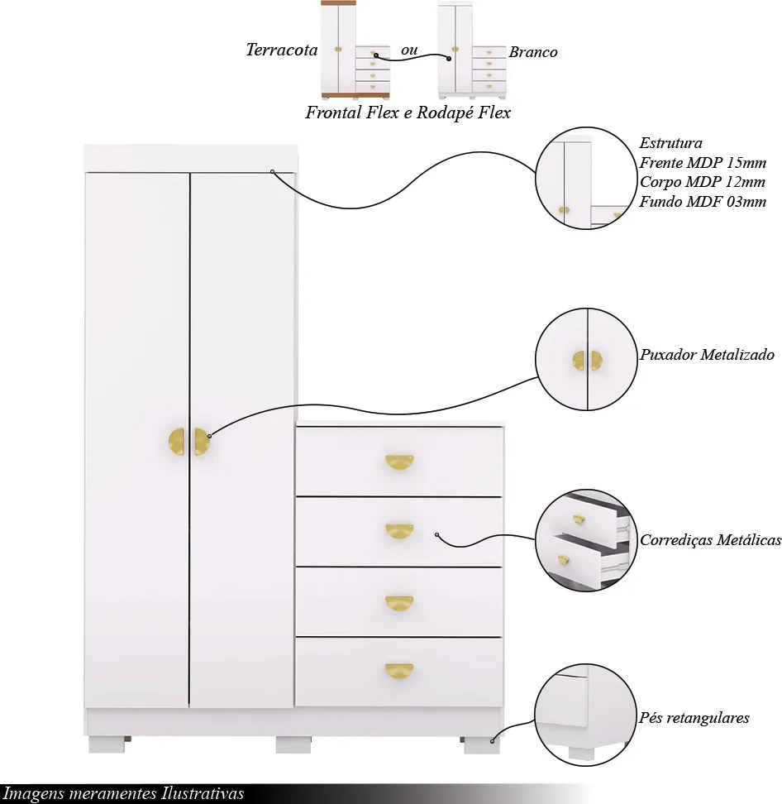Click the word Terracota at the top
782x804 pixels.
pos(282,50)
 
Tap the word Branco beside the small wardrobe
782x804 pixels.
pos(533,52)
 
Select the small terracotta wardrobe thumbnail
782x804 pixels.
pos(355,50)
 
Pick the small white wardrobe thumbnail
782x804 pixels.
pos(472,50)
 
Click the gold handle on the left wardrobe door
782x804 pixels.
pos(177,442)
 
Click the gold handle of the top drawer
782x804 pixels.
pos(399,462)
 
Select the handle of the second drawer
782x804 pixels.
pos(399,531)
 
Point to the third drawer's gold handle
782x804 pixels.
pos(399,603)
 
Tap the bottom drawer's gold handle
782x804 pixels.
pos(399,671)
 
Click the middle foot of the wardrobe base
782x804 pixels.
pos(293,745)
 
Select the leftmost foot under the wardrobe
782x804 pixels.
pos(107,745)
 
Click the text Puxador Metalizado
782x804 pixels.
pos(707,354)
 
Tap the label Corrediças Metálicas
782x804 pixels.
pos(710,539)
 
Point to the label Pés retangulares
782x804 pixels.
pos(694,717)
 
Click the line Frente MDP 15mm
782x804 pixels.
pos(703,163)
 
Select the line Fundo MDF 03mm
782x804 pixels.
pos(703,202)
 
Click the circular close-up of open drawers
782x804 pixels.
pos(587,540)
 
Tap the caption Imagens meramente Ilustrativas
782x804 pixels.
pos(123,793)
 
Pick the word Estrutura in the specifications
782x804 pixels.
pos(670,142)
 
